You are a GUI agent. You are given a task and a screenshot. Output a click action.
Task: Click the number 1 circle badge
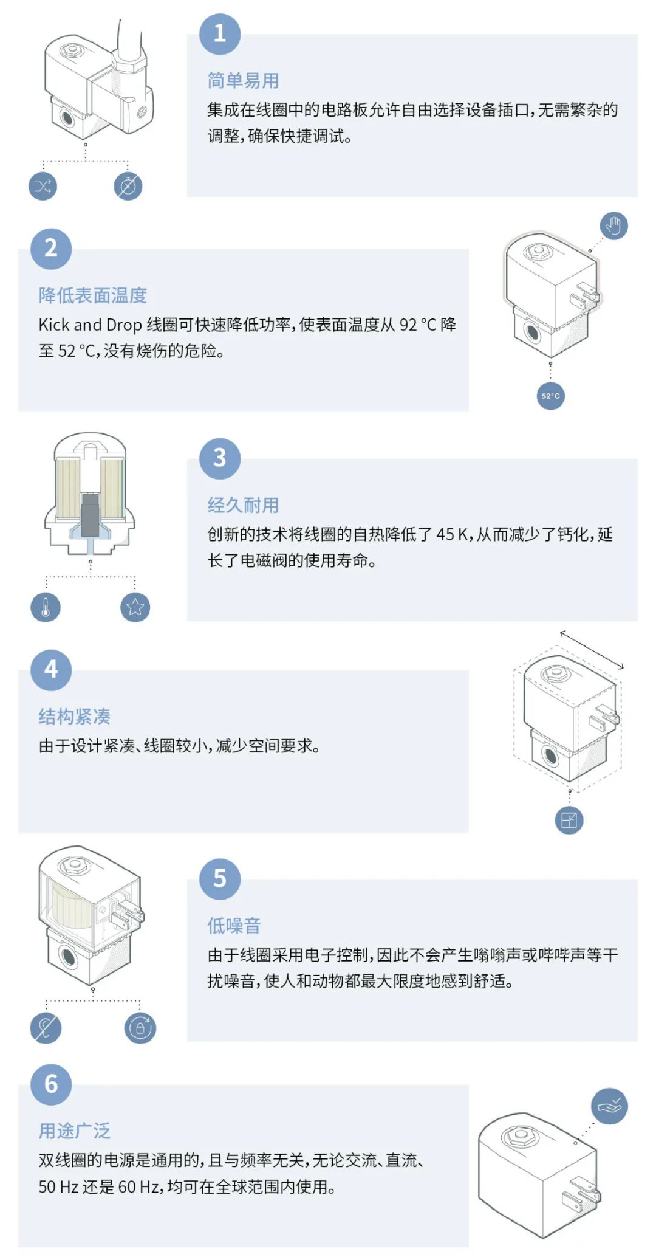(220, 34)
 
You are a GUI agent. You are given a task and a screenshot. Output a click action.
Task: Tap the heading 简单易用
(243, 80)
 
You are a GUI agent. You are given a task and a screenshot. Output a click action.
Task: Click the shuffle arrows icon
(43, 186)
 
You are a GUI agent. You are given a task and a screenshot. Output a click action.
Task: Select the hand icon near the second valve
(613, 226)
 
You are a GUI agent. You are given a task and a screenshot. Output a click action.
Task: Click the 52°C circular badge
(550, 396)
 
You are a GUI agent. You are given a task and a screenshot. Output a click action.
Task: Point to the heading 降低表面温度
(92, 295)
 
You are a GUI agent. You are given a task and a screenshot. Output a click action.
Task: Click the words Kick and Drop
(90, 325)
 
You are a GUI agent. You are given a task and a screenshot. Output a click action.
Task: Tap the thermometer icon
(46, 607)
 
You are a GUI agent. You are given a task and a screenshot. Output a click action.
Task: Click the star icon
(135, 607)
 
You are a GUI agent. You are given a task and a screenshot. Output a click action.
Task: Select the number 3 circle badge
(220, 458)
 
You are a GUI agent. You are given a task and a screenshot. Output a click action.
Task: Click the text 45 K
(453, 534)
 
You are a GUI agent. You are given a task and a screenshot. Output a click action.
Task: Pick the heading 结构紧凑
(74, 717)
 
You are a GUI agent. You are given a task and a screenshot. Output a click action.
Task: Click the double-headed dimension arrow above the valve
(592, 649)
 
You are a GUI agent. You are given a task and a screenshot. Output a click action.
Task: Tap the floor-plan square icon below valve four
(569, 821)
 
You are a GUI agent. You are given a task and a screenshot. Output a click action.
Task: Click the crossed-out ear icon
(46, 1028)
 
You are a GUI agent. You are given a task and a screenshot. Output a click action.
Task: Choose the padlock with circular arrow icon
(140, 1028)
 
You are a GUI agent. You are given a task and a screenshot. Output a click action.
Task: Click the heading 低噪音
(234, 926)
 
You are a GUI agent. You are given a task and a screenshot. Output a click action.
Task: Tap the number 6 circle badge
(51, 1084)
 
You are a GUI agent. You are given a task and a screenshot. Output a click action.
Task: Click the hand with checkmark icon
(610, 1106)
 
